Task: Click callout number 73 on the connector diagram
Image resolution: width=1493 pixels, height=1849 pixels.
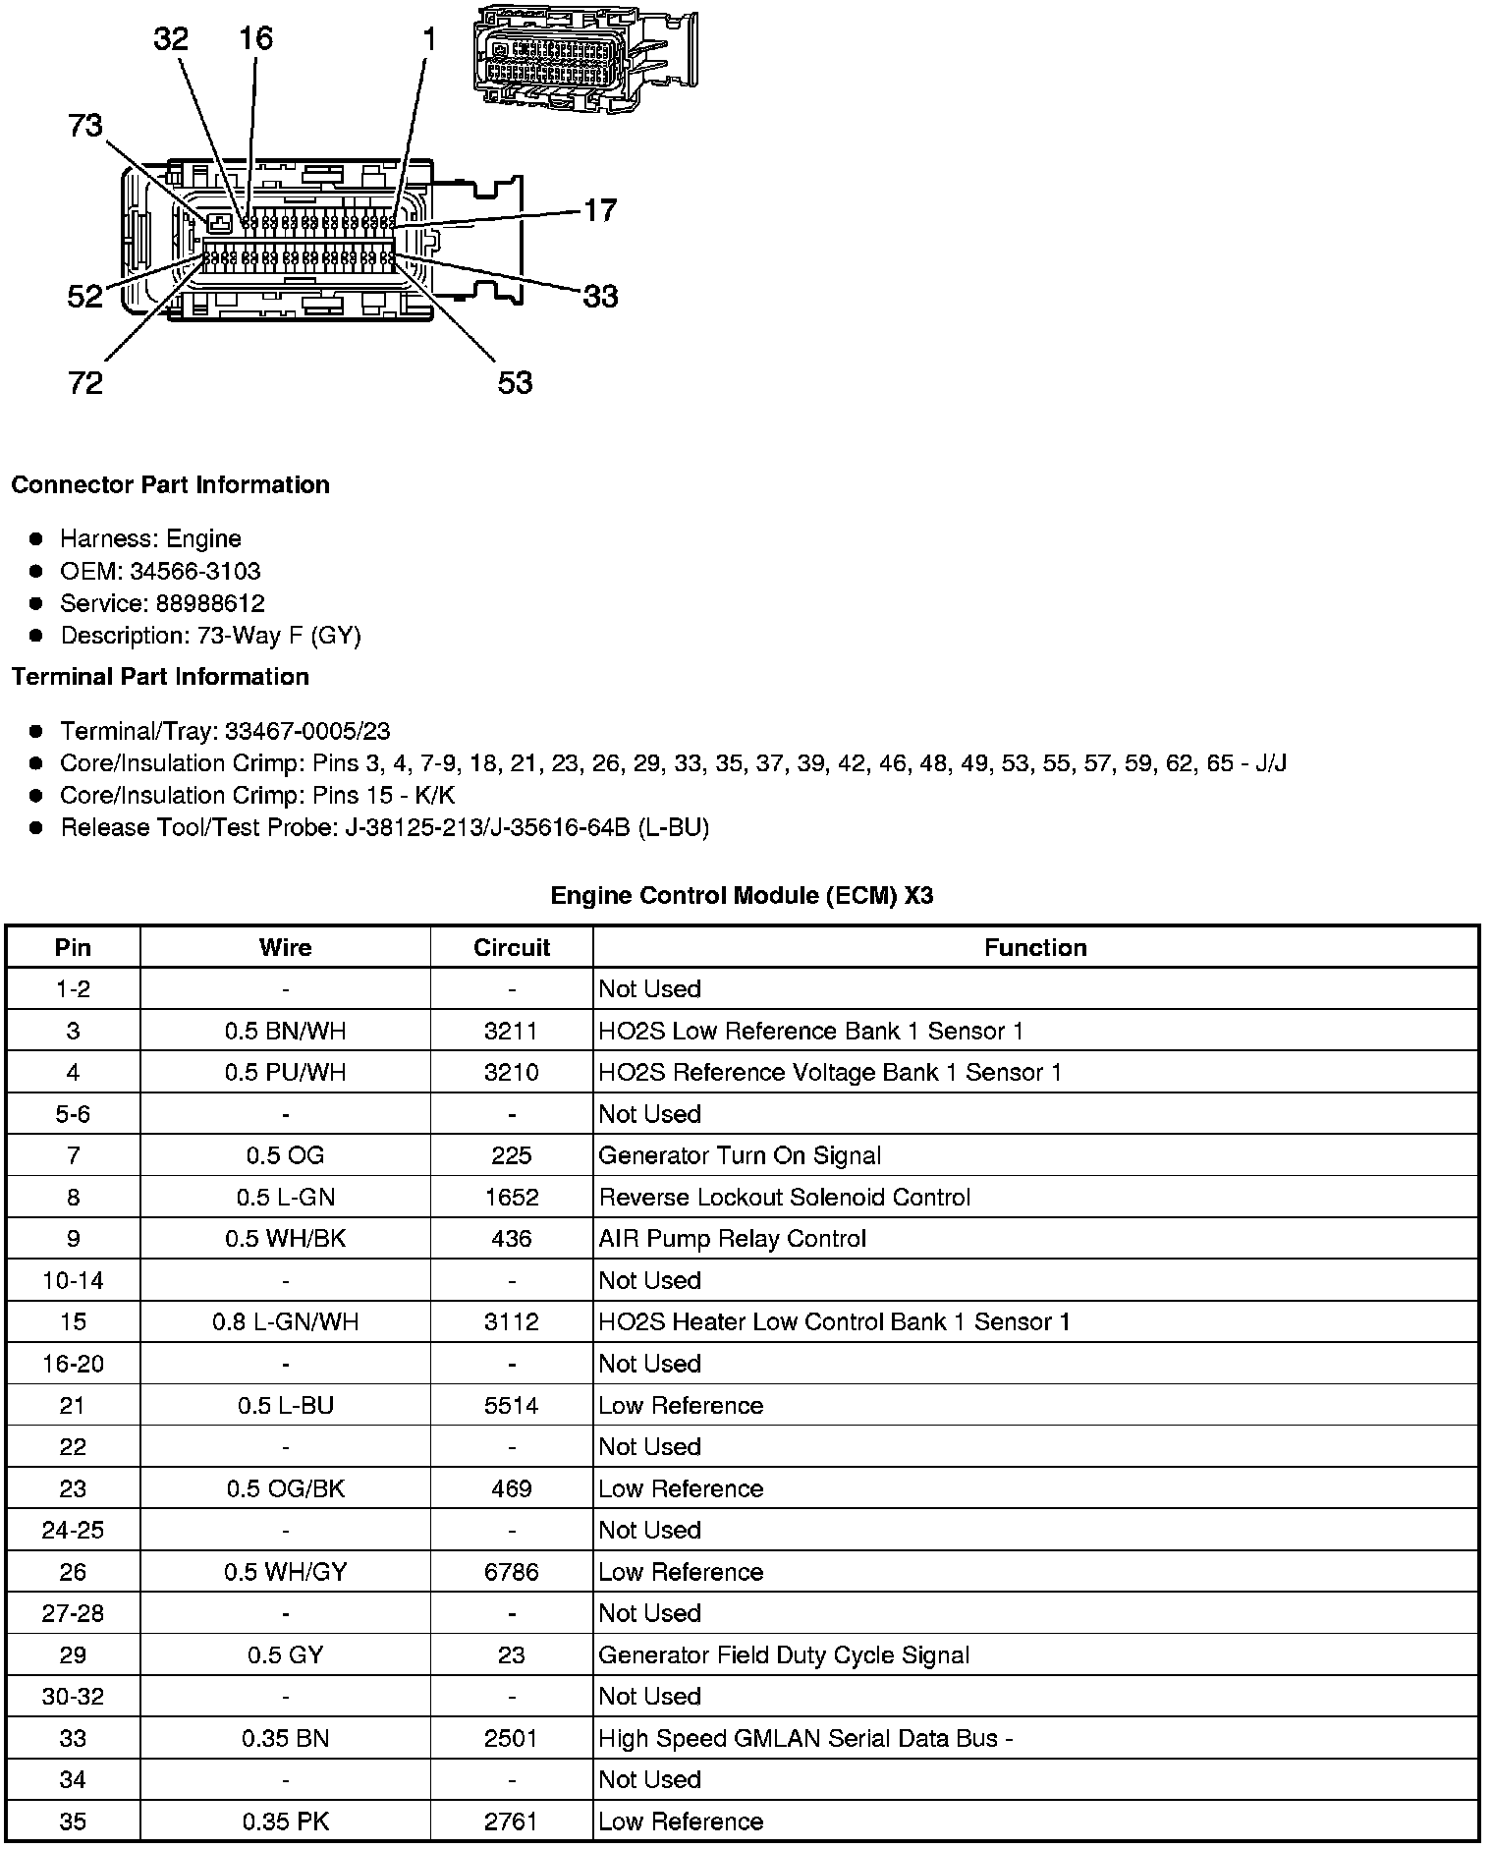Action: (x=85, y=126)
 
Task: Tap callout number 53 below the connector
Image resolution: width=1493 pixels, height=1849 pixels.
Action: (x=515, y=382)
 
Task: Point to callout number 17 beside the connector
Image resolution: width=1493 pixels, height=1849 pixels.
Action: (x=600, y=210)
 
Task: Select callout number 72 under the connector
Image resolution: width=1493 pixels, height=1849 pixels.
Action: (x=85, y=382)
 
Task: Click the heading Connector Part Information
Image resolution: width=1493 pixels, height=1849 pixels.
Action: (x=171, y=485)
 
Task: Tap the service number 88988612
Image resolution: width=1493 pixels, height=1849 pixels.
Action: (x=210, y=603)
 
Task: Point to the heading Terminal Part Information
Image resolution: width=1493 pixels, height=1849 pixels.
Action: (x=160, y=677)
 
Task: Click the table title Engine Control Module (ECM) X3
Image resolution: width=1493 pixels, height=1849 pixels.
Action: (x=742, y=895)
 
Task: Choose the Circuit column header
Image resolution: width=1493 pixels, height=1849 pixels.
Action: (x=512, y=947)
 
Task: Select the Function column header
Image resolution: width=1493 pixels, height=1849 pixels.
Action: (x=1035, y=947)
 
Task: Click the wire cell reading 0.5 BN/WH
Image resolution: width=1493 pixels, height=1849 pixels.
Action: (x=285, y=1031)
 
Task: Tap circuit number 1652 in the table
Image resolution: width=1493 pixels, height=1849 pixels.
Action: (x=512, y=1197)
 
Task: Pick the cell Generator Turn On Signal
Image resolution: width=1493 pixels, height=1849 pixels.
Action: (x=740, y=1155)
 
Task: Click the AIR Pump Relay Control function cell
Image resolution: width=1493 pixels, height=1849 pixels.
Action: (x=733, y=1239)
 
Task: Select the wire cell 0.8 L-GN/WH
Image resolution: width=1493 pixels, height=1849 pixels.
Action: (x=285, y=1322)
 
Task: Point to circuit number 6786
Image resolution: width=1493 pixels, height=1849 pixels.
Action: (x=512, y=1572)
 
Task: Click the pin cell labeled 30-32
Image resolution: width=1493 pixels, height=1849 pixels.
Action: (x=73, y=1697)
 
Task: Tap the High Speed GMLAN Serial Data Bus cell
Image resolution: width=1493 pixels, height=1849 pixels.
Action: (x=805, y=1738)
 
